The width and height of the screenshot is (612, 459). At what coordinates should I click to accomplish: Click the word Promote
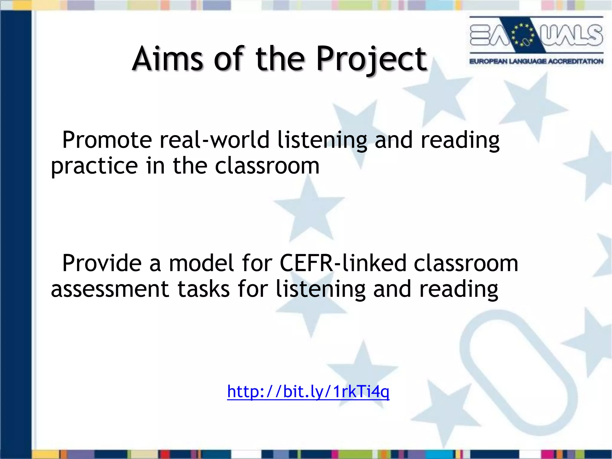point(107,140)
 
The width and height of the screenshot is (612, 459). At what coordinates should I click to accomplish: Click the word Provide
point(102,263)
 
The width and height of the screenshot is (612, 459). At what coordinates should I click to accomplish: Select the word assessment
point(110,289)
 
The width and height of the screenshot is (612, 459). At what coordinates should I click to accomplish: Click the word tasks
point(204,289)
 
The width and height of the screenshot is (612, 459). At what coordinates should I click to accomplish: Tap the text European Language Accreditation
point(536,62)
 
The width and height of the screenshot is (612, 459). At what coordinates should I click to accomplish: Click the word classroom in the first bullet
point(267,166)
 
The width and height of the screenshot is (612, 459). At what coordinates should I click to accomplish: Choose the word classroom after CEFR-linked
point(466,263)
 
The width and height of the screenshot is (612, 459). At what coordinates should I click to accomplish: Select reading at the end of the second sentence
point(459,290)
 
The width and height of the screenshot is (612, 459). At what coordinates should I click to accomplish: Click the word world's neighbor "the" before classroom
point(190,166)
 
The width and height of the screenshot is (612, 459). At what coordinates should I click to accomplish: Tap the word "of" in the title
point(229,59)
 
